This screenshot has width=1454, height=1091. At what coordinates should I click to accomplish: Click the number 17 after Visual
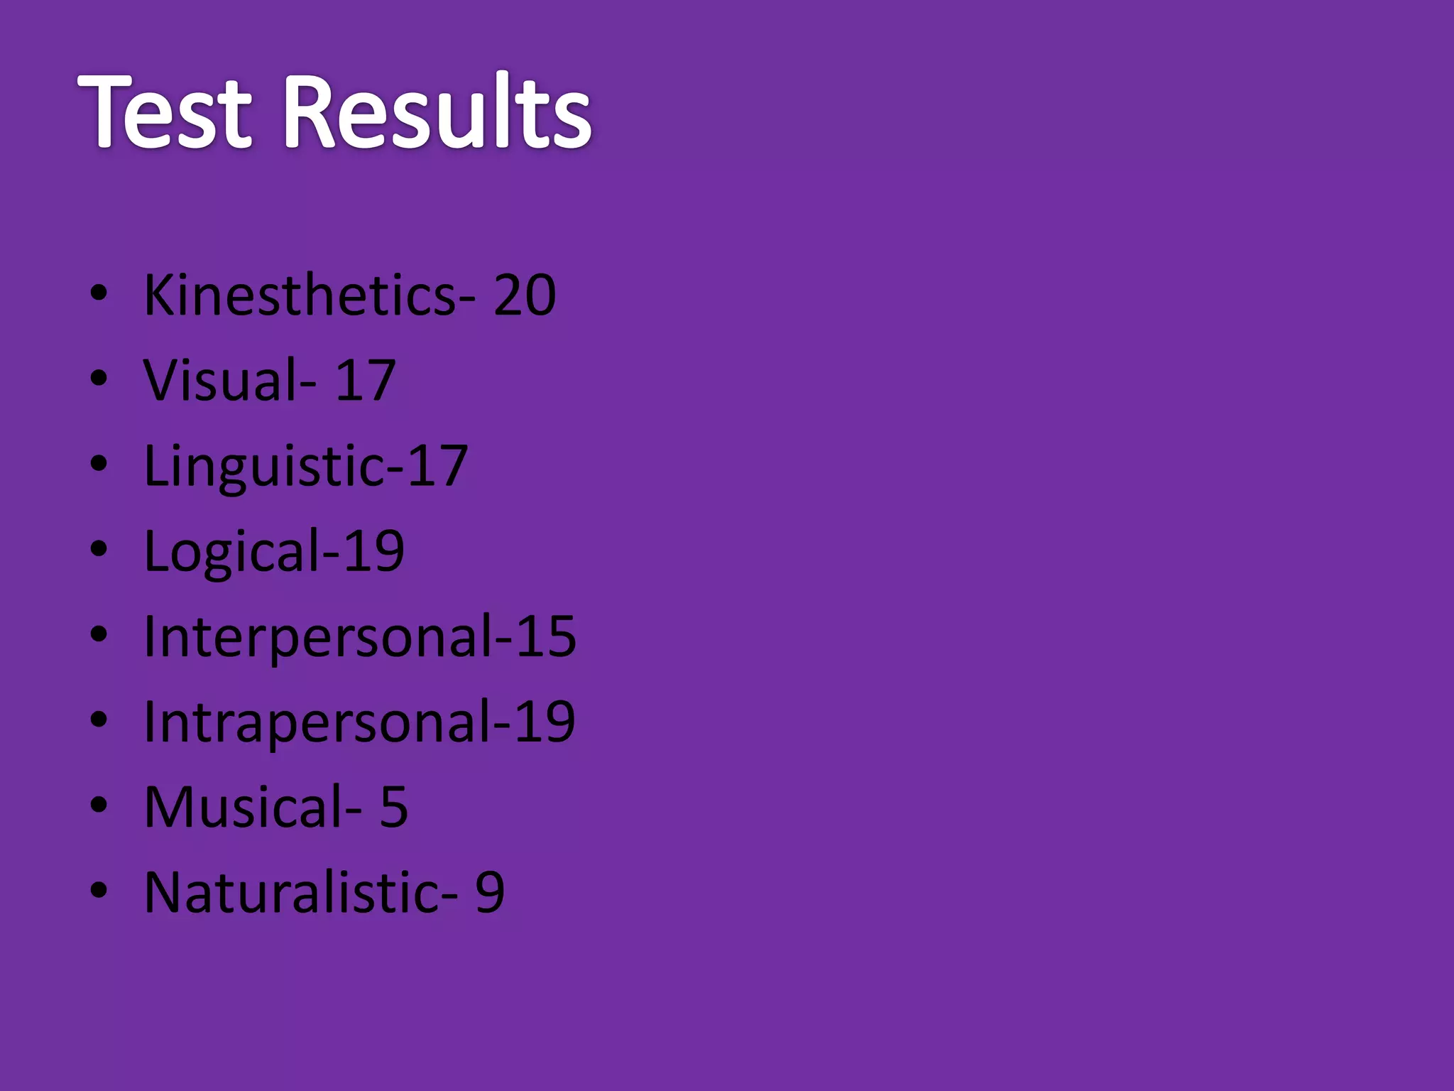click(x=365, y=380)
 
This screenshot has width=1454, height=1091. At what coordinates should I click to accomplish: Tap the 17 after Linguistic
click(x=437, y=466)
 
